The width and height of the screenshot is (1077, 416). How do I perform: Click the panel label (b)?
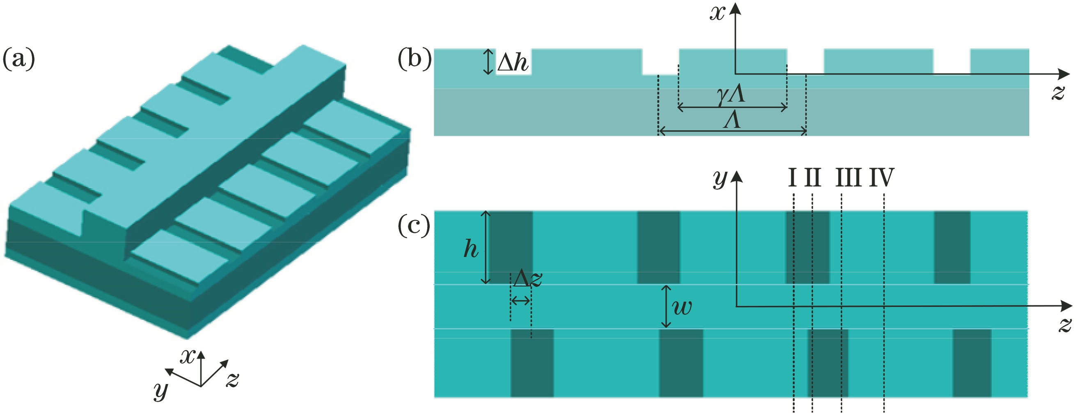click(414, 59)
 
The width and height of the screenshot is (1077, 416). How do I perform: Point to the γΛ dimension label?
click(731, 95)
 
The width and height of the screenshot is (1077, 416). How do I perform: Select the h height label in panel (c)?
click(471, 249)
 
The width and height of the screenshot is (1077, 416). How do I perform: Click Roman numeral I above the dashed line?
click(792, 177)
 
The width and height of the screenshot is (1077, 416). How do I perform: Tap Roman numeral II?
click(812, 177)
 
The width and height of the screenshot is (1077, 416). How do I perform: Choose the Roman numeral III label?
click(848, 177)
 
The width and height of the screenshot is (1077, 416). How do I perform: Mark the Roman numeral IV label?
click(882, 177)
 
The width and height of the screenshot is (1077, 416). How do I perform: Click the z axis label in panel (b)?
click(1058, 92)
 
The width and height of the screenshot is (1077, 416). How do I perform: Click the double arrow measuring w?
click(666, 307)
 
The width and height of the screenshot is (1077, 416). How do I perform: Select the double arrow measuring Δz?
click(520, 300)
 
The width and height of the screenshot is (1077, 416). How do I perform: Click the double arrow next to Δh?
click(488, 62)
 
